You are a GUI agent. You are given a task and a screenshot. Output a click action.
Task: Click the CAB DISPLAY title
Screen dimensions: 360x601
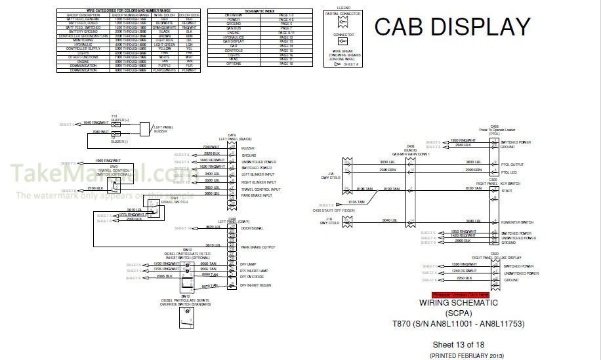pos(452,27)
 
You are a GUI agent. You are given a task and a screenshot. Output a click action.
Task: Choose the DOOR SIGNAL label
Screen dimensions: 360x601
pos(252,228)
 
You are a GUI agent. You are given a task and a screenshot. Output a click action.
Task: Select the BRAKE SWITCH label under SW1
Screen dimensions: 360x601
pos(175,202)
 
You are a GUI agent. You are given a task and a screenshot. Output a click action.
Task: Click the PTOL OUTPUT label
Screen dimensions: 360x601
pos(513,164)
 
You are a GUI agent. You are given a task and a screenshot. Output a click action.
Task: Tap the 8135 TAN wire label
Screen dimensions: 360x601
pos(357,202)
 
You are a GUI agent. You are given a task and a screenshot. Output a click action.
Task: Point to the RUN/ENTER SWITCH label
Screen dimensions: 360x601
pos(518,222)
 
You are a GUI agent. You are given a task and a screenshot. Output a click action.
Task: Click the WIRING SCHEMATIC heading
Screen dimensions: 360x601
pos(459,303)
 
